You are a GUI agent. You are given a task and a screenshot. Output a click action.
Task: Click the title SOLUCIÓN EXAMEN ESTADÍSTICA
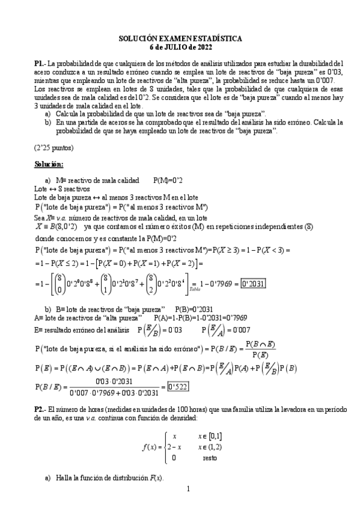(x=180, y=38)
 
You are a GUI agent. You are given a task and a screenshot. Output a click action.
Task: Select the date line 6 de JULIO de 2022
(x=180, y=46)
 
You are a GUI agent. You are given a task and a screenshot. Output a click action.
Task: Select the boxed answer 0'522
(x=179, y=386)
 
